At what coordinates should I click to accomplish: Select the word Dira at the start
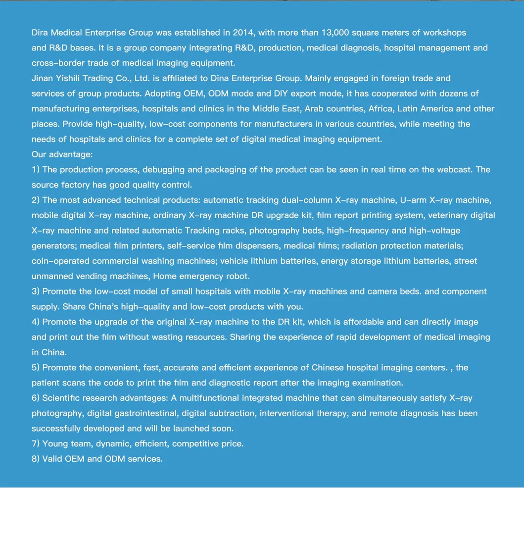pyautogui.click(x=40, y=33)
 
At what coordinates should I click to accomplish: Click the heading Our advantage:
pyautogui.click(x=62, y=154)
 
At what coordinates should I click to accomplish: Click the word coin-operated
pyautogui.click(x=60, y=261)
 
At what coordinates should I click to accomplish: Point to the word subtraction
pyautogui.click(x=233, y=413)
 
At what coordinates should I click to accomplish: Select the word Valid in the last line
pyautogui.click(x=52, y=459)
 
